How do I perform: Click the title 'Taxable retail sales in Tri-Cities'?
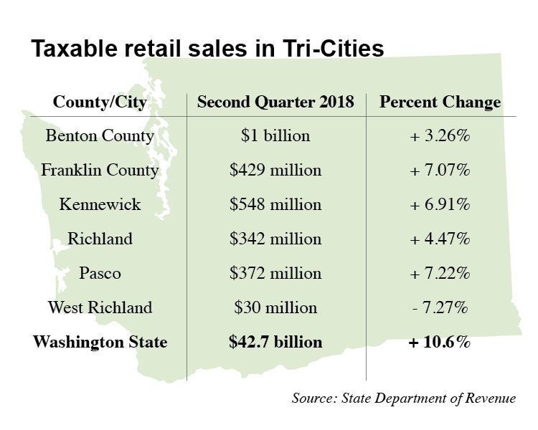[x=207, y=48]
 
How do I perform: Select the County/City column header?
[x=100, y=102]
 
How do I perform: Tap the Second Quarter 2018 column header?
[x=275, y=102]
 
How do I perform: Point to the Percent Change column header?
[x=440, y=102]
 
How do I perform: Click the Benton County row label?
[x=100, y=136]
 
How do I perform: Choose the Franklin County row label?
[x=100, y=171]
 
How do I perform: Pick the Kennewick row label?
[x=100, y=205]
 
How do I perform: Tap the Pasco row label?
[x=100, y=273]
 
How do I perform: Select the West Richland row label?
[x=100, y=307]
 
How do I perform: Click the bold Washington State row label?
[x=100, y=342]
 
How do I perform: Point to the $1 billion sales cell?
[x=275, y=136]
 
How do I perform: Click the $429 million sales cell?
[x=275, y=171]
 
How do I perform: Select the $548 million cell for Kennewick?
[x=275, y=205]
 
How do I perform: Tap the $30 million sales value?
[x=275, y=307]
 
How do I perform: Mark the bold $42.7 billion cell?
[x=275, y=342]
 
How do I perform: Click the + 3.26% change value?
[x=440, y=136]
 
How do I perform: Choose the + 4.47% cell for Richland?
[x=440, y=239]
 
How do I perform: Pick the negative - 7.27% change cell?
[x=440, y=307]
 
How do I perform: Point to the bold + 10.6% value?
[x=440, y=342]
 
